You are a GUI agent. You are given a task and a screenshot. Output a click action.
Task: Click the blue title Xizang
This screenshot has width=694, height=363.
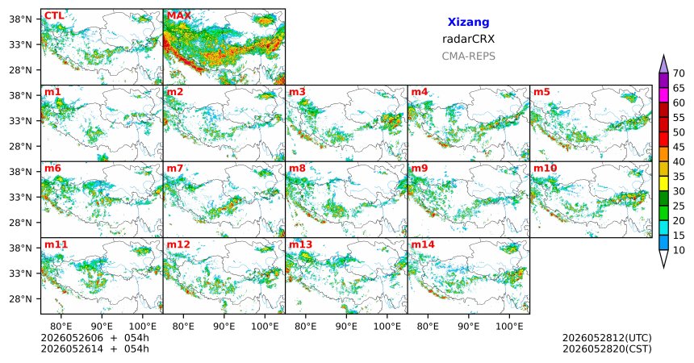(x=468, y=22)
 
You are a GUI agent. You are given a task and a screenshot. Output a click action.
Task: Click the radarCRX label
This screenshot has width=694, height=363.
(x=468, y=39)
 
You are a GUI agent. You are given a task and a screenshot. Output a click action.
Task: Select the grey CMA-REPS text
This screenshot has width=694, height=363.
(x=468, y=56)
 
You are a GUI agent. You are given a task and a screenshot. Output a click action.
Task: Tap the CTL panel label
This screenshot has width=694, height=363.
(x=54, y=16)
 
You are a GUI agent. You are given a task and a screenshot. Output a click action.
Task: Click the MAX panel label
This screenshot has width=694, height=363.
(x=179, y=16)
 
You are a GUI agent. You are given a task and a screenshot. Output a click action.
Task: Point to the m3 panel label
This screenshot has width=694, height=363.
(x=297, y=92)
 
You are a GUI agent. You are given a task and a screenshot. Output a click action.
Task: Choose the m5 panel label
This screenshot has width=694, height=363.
(x=541, y=92)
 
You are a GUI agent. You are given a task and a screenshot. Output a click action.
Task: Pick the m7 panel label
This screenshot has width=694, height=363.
(x=175, y=169)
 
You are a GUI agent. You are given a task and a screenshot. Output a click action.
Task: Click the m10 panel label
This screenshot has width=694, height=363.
(x=545, y=169)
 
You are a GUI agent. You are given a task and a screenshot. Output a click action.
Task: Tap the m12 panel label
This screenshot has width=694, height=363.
(x=178, y=244)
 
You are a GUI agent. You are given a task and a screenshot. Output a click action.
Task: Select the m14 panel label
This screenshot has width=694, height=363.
(x=423, y=244)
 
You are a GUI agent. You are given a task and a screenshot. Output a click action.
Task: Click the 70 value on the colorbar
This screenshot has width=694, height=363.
(x=679, y=73)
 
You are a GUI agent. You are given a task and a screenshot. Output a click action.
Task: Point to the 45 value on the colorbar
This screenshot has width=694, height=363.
(x=679, y=147)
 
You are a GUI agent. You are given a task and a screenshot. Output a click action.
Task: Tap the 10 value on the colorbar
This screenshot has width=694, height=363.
(x=679, y=250)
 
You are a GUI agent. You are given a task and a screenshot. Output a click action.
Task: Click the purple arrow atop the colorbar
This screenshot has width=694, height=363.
(x=663, y=65)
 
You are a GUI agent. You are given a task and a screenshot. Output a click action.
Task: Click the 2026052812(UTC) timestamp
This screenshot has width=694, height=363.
(x=607, y=338)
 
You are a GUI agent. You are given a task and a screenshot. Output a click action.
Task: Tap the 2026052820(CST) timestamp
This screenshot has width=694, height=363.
(x=607, y=348)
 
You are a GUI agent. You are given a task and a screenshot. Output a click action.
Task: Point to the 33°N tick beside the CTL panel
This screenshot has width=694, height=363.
(x=21, y=44)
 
